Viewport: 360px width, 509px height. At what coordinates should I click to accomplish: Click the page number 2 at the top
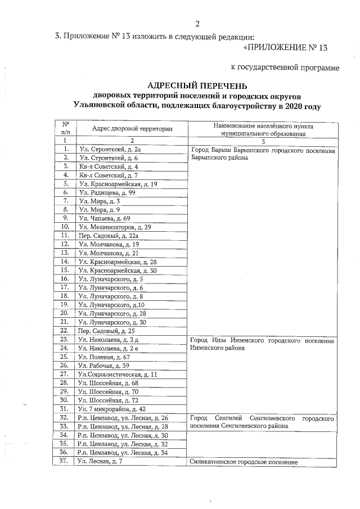197,24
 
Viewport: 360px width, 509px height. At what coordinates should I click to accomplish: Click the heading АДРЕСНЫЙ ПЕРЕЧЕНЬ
197,85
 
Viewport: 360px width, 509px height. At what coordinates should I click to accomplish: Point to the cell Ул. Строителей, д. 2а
110,149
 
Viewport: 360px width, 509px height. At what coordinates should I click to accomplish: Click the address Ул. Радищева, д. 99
107,192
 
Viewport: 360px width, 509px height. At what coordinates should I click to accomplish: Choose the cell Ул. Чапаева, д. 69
105,217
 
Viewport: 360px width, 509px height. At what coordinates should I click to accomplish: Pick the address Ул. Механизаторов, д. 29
115,227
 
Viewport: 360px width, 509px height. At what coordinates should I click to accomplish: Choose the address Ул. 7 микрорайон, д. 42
112,409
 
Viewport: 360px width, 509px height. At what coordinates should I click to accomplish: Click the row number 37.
65,461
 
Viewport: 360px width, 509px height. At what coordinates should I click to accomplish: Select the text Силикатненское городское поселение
243,462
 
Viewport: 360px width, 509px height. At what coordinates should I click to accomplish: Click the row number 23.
65,339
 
